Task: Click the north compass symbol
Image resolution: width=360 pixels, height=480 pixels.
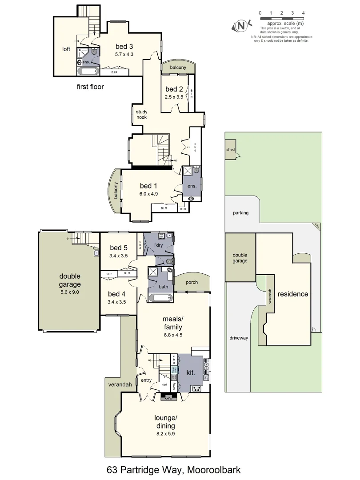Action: pyautogui.click(x=240, y=26)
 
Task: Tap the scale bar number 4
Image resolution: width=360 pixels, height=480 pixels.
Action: pyautogui.click(x=303, y=13)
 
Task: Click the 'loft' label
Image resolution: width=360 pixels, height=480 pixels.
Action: pyautogui.click(x=66, y=49)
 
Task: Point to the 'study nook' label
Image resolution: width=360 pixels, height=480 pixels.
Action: pyautogui.click(x=142, y=114)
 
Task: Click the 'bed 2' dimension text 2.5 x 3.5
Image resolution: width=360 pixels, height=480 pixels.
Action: pyautogui.click(x=174, y=96)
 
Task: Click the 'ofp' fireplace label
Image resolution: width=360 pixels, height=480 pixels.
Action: pyautogui.click(x=168, y=398)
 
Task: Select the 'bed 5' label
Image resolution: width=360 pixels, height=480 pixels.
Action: pyautogui.click(x=118, y=248)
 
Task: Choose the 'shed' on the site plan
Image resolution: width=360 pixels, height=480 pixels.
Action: pyautogui.click(x=230, y=150)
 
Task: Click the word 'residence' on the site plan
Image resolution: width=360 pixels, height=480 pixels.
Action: pyautogui.click(x=293, y=294)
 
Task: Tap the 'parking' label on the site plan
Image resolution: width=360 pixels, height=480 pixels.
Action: pyautogui.click(x=240, y=213)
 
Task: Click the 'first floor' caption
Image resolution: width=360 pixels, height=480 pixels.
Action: pyautogui.click(x=90, y=87)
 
